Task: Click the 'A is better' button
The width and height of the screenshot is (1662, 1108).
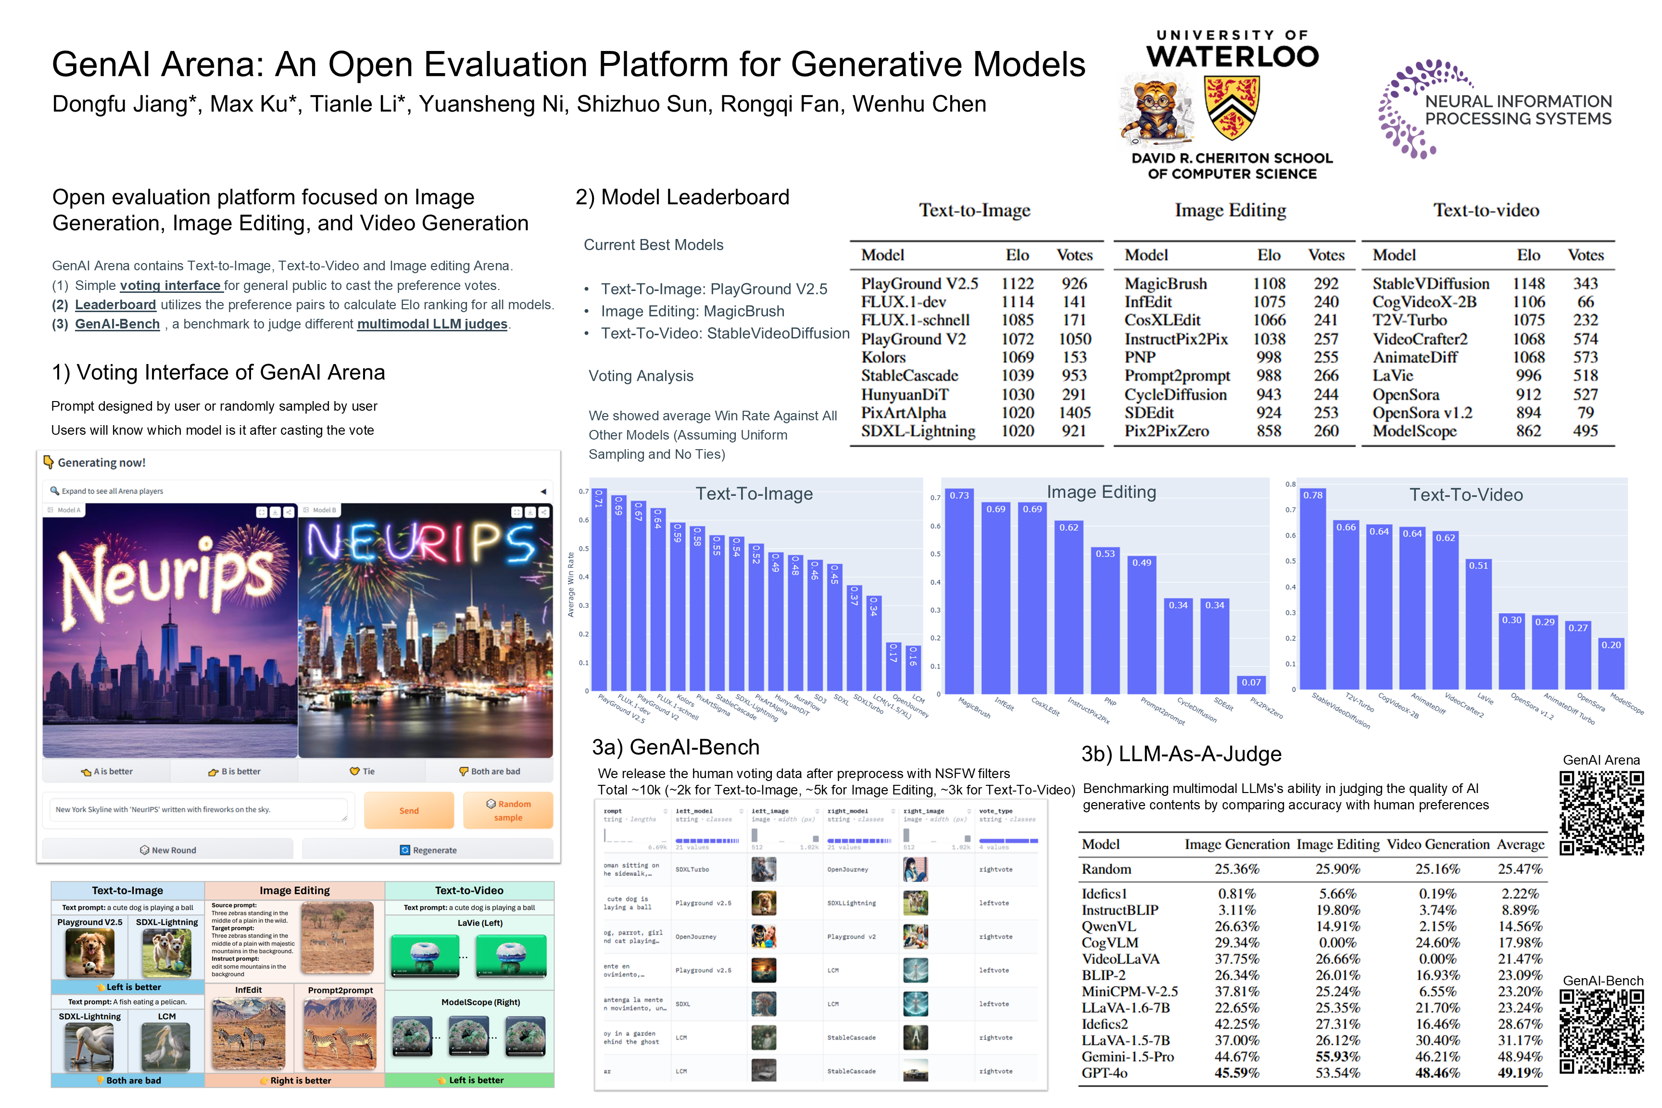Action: pyautogui.click(x=107, y=771)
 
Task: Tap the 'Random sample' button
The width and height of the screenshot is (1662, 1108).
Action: pyautogui.click(x=508, y=810)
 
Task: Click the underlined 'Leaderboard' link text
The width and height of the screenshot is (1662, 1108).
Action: pyautogui.click(x=115, y=304)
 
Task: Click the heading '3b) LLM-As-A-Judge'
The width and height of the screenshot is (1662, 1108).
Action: pyautogui.click(x=1181, y=754)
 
